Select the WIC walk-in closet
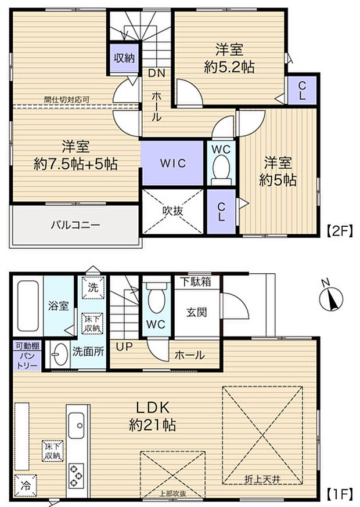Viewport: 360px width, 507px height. point(173,164)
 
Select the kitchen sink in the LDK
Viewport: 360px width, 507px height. point(78,428)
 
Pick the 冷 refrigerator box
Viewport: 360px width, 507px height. point(26,483)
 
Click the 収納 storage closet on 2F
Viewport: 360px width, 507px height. point(124,58)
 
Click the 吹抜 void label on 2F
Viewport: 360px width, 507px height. point(172,211)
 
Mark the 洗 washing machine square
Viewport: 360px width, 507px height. point(92,286)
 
